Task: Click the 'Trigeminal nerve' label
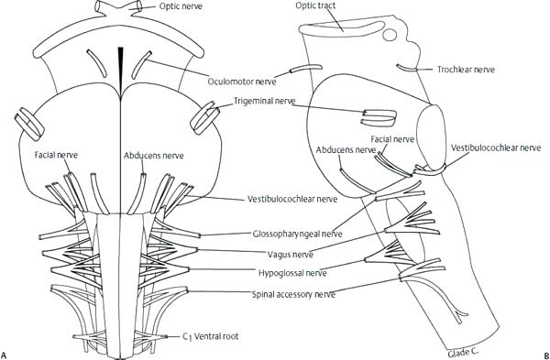264,101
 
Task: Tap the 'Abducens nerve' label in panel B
345,147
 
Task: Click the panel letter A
7,353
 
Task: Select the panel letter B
544,353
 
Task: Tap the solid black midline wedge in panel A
122,64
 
